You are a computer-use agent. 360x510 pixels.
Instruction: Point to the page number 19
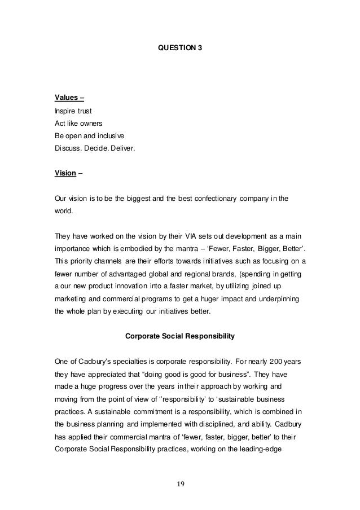tap(180, 483)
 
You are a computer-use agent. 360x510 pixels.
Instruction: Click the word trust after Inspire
tap(84, 111)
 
